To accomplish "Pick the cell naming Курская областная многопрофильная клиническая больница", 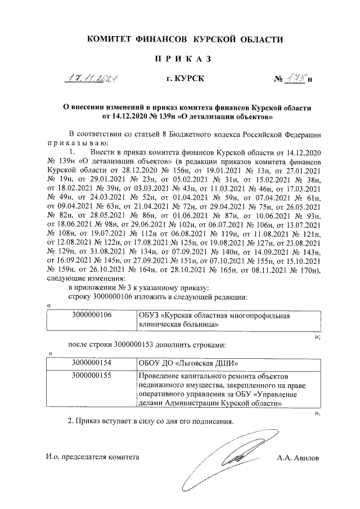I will click(214, 320).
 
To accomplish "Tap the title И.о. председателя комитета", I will click(92, 458).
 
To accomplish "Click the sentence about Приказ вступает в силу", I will click(150, 421).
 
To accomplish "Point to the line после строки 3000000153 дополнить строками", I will click(147, 344).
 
